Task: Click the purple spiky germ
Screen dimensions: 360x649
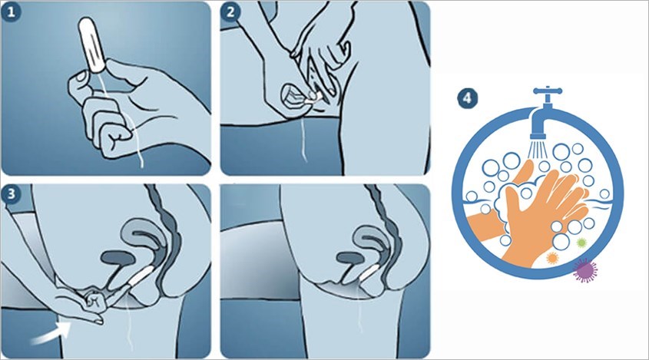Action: tap(586, 269)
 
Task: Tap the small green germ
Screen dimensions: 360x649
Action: tap(581, 243)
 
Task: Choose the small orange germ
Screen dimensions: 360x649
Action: tap(550, 259)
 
